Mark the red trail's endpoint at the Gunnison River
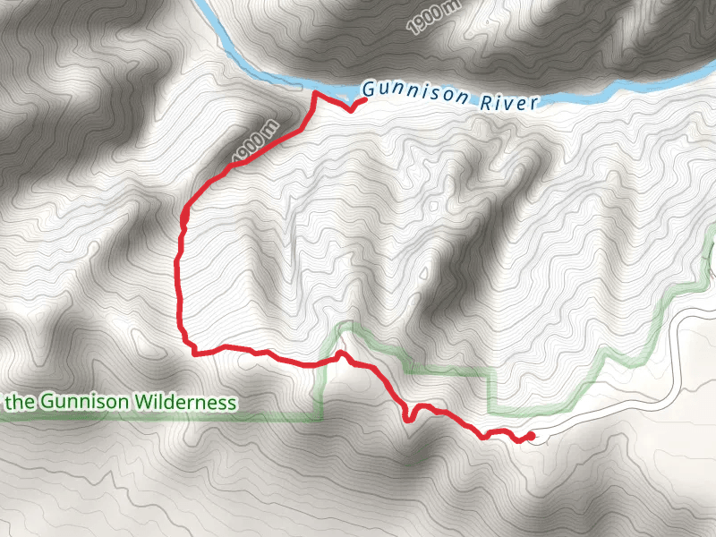pos(363,102)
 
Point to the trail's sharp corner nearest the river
pos(314,93)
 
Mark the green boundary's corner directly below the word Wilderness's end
pos(320,417)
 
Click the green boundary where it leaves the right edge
pos(713,232)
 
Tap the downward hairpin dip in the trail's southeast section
pos(407,418)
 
